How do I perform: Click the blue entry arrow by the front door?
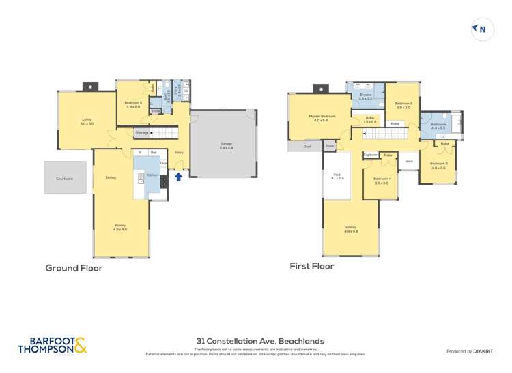[x=179, y=177]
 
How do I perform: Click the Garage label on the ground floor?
[x=225, y=145]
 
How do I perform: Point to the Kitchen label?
[x=152, y=175]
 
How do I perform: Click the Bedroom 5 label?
[x=132, y=104]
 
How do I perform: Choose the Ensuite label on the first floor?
[x=365, y=97]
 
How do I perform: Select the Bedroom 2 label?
[x=438, y=165]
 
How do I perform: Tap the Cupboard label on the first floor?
[x=371, y=155]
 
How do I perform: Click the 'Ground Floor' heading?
[x=74, y=268]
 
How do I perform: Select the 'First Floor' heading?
[x=311, y=266]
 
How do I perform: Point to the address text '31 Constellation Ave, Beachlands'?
[x=255, y=341]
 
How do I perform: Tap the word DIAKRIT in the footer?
[x=482, y=351]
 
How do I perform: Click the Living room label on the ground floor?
[x=87, y=121]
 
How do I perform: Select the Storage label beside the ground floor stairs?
[x=142, y=132]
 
